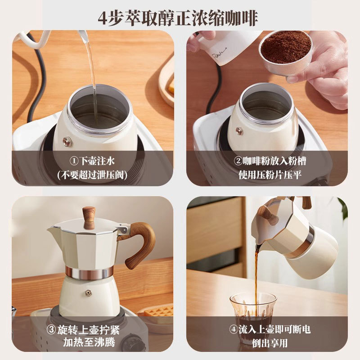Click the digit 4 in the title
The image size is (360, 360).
click(104, 18)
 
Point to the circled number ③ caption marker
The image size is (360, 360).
click(52, 329)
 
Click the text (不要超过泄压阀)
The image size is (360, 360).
click(93, 175)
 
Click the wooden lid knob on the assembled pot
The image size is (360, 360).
click(89, 217)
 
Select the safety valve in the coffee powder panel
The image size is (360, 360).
click(239, 131)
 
